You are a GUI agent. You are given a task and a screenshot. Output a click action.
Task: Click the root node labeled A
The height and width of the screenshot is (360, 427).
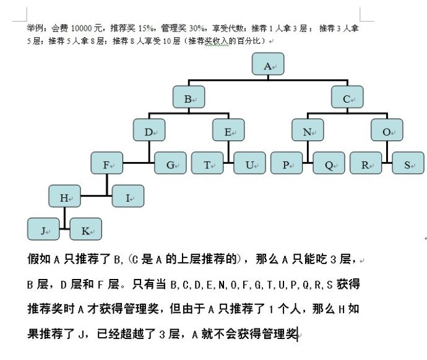pyautogui.click(x=269, y=65)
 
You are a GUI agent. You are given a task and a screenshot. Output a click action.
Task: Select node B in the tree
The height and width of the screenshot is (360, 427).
pyautogui.click(x=189, y=98)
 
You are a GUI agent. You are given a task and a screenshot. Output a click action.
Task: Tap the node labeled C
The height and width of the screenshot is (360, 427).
pyautogui.click(x=348, y=98)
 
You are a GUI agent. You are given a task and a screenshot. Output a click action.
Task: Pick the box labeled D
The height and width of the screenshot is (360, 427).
pyautogui.click(x=149, y=131)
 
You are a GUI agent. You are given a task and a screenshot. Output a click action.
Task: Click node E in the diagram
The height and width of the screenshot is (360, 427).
pyautogui.click(x=228, y=131)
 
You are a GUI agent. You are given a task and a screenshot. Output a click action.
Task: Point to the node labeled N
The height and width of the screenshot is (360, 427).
pyautogui.click(x=308, y=131)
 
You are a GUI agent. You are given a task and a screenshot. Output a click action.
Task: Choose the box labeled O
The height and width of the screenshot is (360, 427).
pyautogui.click(x=387, y=131)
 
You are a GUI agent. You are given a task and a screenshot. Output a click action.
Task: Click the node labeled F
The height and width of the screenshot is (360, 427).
pyautogui.click(x=107, y=164)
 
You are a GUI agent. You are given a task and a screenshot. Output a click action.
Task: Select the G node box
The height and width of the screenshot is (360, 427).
pyautogui.click(x=170, y=164)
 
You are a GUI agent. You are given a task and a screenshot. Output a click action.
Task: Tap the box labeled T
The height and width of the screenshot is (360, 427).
pyautogui.click(x=207, y=164)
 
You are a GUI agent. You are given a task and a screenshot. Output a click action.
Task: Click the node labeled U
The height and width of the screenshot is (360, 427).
pyautogui.click(x=249, y=164)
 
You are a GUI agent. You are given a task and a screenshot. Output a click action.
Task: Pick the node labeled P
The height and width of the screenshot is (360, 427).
pyautogui.click(x=287, y=164)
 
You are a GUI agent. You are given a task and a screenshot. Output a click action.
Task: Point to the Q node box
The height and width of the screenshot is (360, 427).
pyautogui.click(x=329, y=164)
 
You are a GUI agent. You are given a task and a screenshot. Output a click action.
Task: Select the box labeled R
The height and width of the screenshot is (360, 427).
pyautogui.click(x=366, y=164)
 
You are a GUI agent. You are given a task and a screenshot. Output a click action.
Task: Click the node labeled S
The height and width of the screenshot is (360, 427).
pyautogui.click(x=408, y=164)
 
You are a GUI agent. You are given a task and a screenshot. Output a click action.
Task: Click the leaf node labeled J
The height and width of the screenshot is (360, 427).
pyautogui.click(x=44, y=229)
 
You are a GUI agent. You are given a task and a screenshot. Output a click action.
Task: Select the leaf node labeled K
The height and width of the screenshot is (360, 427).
pyautogui.click(x=86, y=229)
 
